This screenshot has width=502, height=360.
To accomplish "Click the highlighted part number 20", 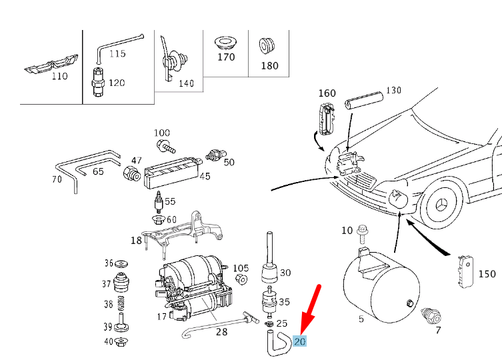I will [x=300, y=340].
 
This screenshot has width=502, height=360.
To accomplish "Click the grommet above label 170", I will [x=225, y=44].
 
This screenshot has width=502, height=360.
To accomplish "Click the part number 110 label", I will [x=60, y=76].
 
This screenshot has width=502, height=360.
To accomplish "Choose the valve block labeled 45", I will [x=171, y=171].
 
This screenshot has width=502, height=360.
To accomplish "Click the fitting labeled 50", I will [x=215, y=155].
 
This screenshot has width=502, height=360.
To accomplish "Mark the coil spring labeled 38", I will [x=121, y=305].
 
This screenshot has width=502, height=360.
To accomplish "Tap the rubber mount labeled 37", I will [x=121, y=283].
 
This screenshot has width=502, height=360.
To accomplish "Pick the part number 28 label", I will [x=222, y=331].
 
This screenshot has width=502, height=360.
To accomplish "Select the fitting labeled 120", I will [x=97, y=83].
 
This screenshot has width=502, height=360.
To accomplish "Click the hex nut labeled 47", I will [x=129, y=174].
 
